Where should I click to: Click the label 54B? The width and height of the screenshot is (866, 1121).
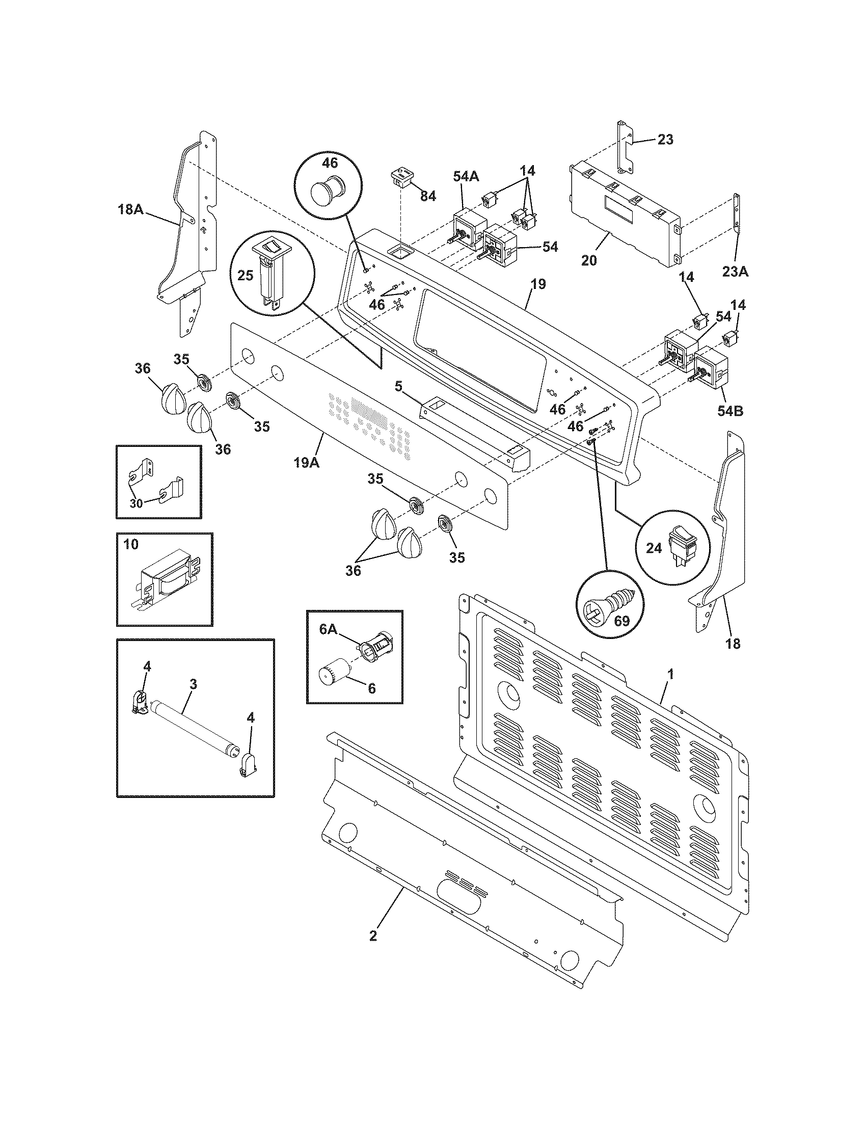coord(730,411)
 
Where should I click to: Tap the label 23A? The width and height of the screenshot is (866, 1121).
coord(735,272)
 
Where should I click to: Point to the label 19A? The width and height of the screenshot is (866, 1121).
coord(307,463)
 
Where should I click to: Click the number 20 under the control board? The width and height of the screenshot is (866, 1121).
coord(589,260)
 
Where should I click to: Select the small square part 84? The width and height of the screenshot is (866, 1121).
coord(402,177)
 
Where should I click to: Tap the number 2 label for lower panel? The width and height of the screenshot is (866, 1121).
coord(373,935)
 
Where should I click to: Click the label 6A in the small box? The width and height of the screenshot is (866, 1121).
coord(328,630)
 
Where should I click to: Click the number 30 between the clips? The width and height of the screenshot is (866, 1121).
coord(136,503)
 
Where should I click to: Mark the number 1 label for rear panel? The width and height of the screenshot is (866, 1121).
coord(670,673)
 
